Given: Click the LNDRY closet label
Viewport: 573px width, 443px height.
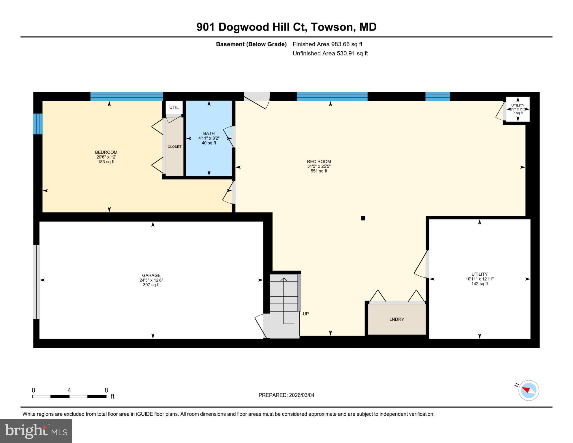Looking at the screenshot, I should tap(397, 319).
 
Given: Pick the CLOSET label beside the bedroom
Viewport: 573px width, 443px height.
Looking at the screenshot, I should tap(174, 147).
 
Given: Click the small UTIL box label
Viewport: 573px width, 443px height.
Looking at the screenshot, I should tap(174, 107).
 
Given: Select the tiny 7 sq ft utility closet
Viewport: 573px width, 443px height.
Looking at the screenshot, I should tap(518, 109).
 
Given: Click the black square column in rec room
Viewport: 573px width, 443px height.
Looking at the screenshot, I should tap(363, 218).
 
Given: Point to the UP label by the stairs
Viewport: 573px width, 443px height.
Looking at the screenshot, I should tap(306, 314).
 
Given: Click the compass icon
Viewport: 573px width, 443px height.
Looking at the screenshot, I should tap(529, 390).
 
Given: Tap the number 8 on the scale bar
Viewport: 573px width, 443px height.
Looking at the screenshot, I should tap(106, 390).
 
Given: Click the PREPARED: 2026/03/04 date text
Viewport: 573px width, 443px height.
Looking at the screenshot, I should tap(286, 395).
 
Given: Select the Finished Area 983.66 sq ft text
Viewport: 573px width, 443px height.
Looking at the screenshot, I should tap(327, 44).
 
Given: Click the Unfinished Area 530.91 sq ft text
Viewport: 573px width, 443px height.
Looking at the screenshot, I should tap(330, 53).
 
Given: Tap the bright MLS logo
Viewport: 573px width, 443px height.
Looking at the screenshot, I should tap(36, 431).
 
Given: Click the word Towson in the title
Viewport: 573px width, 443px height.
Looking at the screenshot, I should tap(332, 27).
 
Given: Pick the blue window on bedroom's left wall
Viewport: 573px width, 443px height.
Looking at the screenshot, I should tap(38, 124).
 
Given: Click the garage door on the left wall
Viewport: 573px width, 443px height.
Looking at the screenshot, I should tap(36, 281).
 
